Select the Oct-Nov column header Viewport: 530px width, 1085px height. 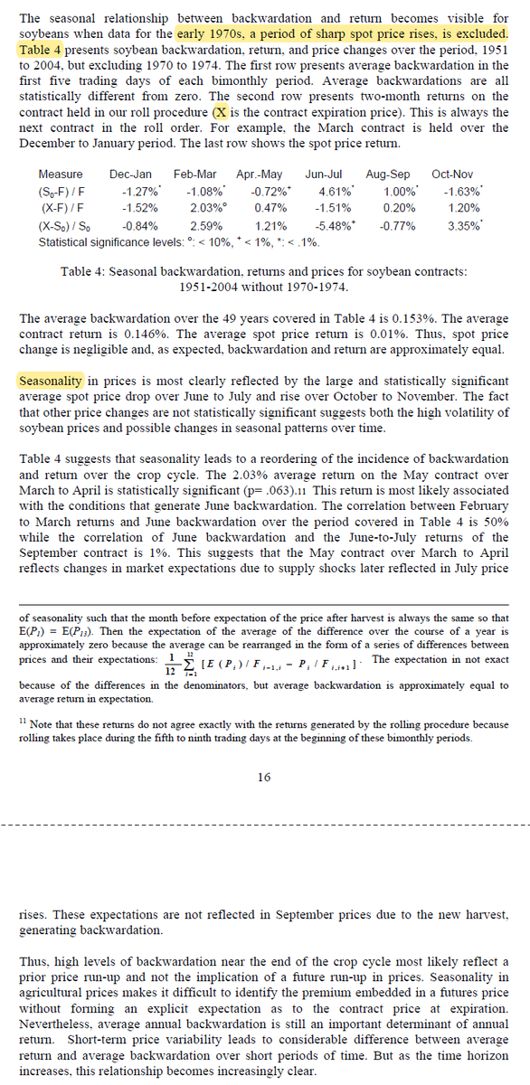(x=451, y=174)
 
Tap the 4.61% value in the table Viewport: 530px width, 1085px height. (x=336, y=192)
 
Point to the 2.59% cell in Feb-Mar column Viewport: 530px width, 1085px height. (x=206, y=226)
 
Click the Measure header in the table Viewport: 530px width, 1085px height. (x=61, y=174)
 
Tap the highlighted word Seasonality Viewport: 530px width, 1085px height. (x=52, y=381)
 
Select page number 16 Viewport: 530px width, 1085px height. (x=264, y=777)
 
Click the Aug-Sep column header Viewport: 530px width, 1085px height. (x=387, y=174)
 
